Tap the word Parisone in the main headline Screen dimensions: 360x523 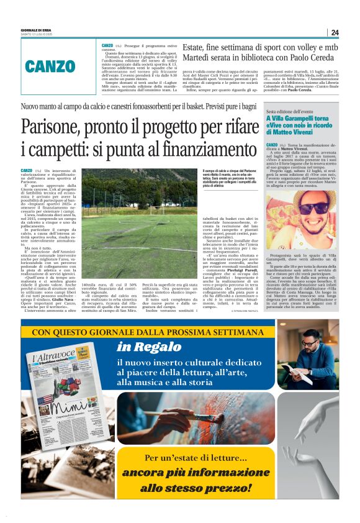(x=51, y=128)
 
